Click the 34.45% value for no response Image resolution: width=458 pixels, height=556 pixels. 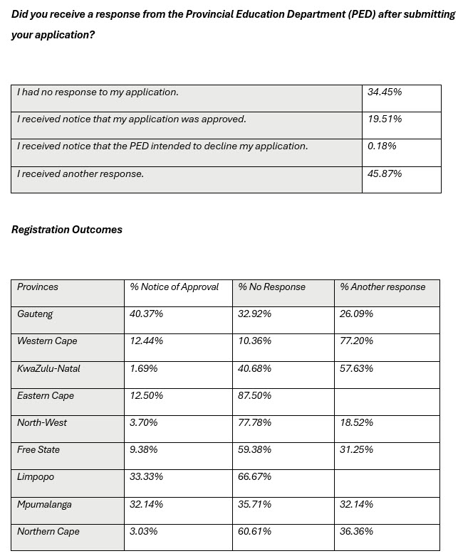point(385,92)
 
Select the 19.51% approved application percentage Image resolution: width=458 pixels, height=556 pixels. point(385,119)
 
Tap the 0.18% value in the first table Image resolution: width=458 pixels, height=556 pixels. point(382,146)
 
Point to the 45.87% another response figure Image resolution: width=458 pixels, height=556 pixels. point(385,173)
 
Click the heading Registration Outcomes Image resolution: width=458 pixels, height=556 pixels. point(67,230)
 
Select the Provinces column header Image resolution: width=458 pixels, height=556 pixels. point(38,287)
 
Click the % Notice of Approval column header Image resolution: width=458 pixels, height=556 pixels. point(175,287)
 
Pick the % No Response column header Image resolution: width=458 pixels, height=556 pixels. point(271,287)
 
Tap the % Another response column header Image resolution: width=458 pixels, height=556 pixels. point(382,287)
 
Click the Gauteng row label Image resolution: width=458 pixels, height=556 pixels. point(35,314)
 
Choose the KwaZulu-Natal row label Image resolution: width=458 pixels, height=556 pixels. point(48,369)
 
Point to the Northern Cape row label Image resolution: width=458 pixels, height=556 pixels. point(48,532)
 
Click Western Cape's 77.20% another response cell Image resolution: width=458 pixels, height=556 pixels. point(357,341)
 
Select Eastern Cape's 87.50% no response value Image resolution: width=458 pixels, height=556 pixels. point(255,396)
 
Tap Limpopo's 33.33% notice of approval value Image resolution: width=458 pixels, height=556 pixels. point(147,477)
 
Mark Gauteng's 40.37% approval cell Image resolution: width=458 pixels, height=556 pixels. point(147,314)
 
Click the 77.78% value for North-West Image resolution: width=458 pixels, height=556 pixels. point(255,423)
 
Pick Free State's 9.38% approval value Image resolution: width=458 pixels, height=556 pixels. point(145,450)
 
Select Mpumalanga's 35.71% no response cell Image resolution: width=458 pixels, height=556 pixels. point(255,505)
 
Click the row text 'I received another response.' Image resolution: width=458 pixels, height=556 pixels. point(80,173)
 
